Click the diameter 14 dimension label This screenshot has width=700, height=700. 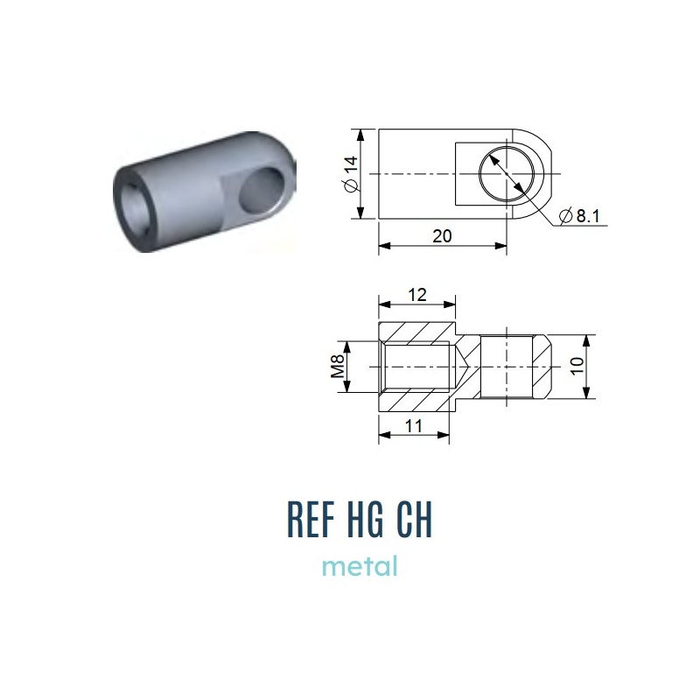[352, 174]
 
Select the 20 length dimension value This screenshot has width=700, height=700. [442, 235]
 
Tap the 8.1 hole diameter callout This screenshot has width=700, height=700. [579, 216]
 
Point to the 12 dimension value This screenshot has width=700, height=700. [417, 295]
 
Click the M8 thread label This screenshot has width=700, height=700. [338, 366]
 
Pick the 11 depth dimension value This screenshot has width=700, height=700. [413, 426]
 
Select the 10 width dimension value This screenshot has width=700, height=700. [577, 366]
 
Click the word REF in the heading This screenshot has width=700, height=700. [311, 519]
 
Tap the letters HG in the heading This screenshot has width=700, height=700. [365, 519]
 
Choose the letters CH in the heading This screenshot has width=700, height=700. [415, 519]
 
